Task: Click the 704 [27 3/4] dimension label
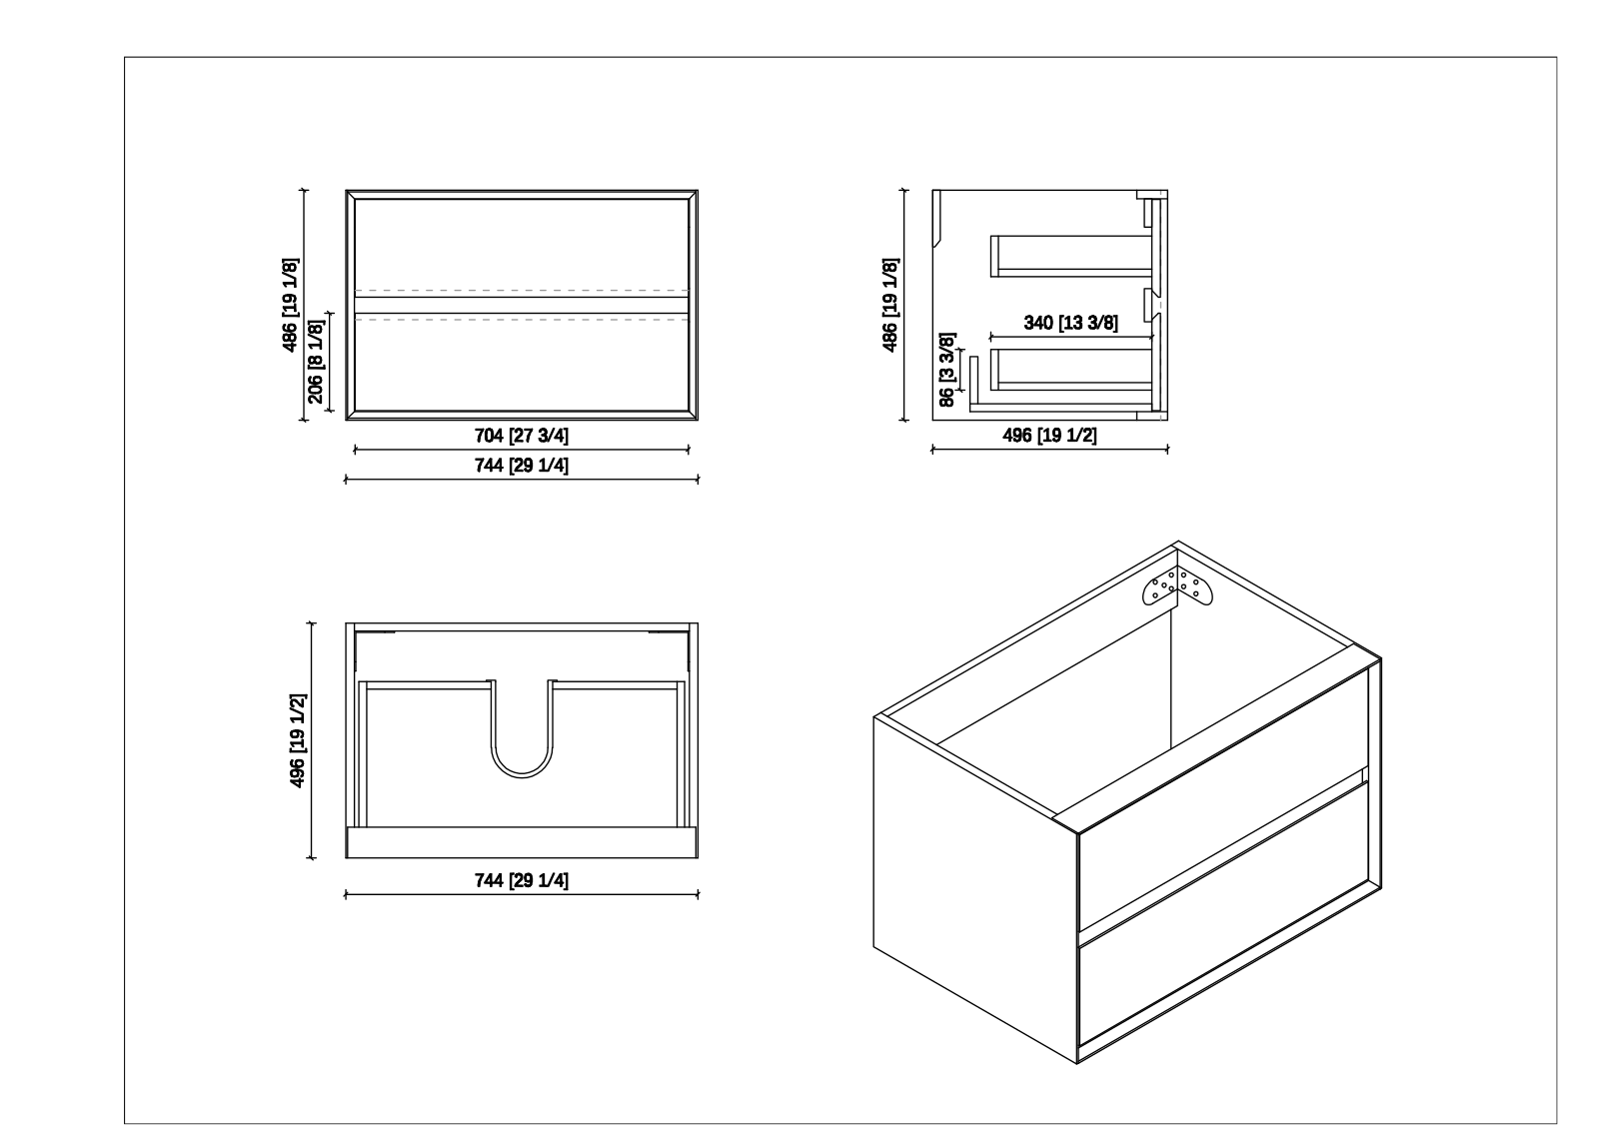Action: [x=521, y=436]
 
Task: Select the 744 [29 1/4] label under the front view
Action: [x=521, y=466]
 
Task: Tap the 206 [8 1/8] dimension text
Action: [x=316, y=361]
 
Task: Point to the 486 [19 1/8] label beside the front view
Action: [x=290, y=305]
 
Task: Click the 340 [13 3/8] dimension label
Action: [x=1070, y=323]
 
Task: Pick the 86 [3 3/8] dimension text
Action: [x=946, y=369]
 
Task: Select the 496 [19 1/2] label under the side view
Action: [x=1049, y=435]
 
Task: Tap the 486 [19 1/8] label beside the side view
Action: [x=889, y=305]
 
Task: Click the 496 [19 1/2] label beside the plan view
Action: [x=297, y=740]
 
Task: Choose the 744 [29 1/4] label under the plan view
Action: [x=521, y=880]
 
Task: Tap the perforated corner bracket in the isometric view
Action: [x=1177, y=586]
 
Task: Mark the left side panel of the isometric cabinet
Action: [x=975, y=889]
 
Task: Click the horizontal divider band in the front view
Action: [x=521, y=306]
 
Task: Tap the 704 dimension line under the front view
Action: [x=521, y=450]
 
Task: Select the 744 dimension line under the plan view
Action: [x=521, y=894]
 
